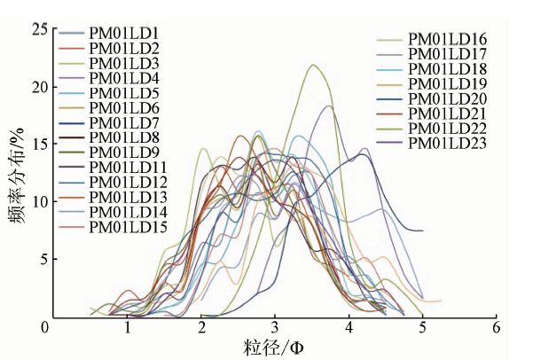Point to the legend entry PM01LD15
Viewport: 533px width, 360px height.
[128, 227]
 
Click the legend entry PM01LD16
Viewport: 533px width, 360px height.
[447, 39]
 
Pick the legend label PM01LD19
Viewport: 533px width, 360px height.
[447, 84]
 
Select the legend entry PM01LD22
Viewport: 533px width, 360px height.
[447, 129]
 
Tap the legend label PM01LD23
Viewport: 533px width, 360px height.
[447, 144]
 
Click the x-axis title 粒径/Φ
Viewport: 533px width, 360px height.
[275, 345]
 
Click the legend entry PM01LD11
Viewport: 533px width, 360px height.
[128, 168]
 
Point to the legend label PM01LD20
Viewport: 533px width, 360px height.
[447, 99]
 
